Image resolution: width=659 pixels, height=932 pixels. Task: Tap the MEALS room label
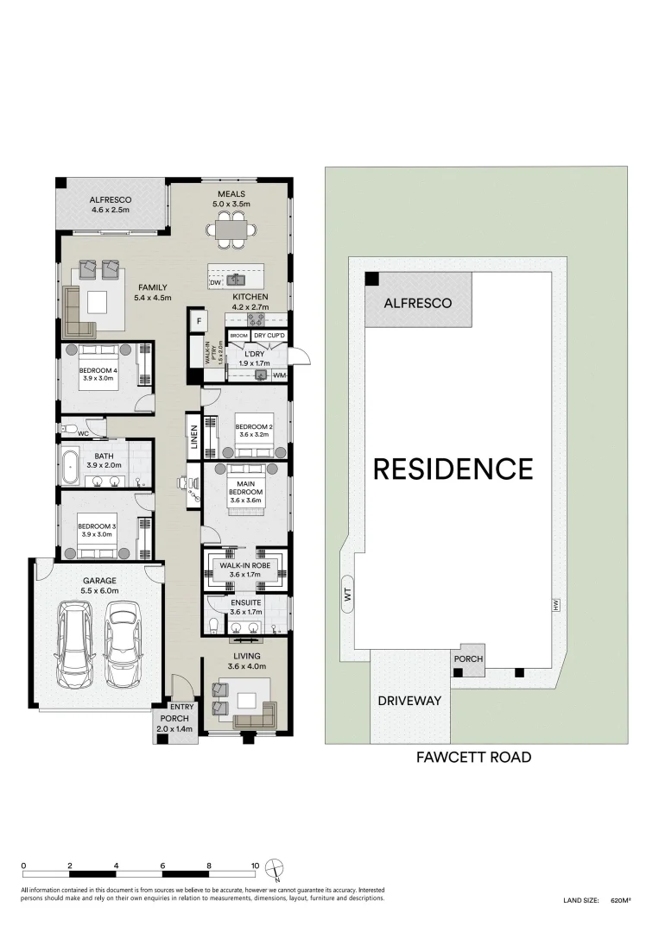[x=231, y=194]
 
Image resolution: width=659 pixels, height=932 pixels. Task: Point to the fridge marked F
[x=198, y=320]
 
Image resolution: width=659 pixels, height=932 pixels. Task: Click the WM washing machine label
[x=279, y=375]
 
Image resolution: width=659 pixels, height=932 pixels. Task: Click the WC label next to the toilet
[x=83, y=433]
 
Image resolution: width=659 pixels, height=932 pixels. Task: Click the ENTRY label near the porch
[x=182, y=708]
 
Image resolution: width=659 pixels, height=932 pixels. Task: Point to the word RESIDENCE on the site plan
[x=453, y=469]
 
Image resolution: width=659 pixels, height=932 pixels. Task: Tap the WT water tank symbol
[x=347, y=594]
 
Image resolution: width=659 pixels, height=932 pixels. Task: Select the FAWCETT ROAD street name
[x=473, y=758]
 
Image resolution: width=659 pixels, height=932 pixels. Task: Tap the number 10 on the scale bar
[x=255, y=864]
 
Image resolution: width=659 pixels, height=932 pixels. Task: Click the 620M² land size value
[x=620, y=900]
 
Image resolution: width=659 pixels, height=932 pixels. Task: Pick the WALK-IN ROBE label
[x=245, y=564]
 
